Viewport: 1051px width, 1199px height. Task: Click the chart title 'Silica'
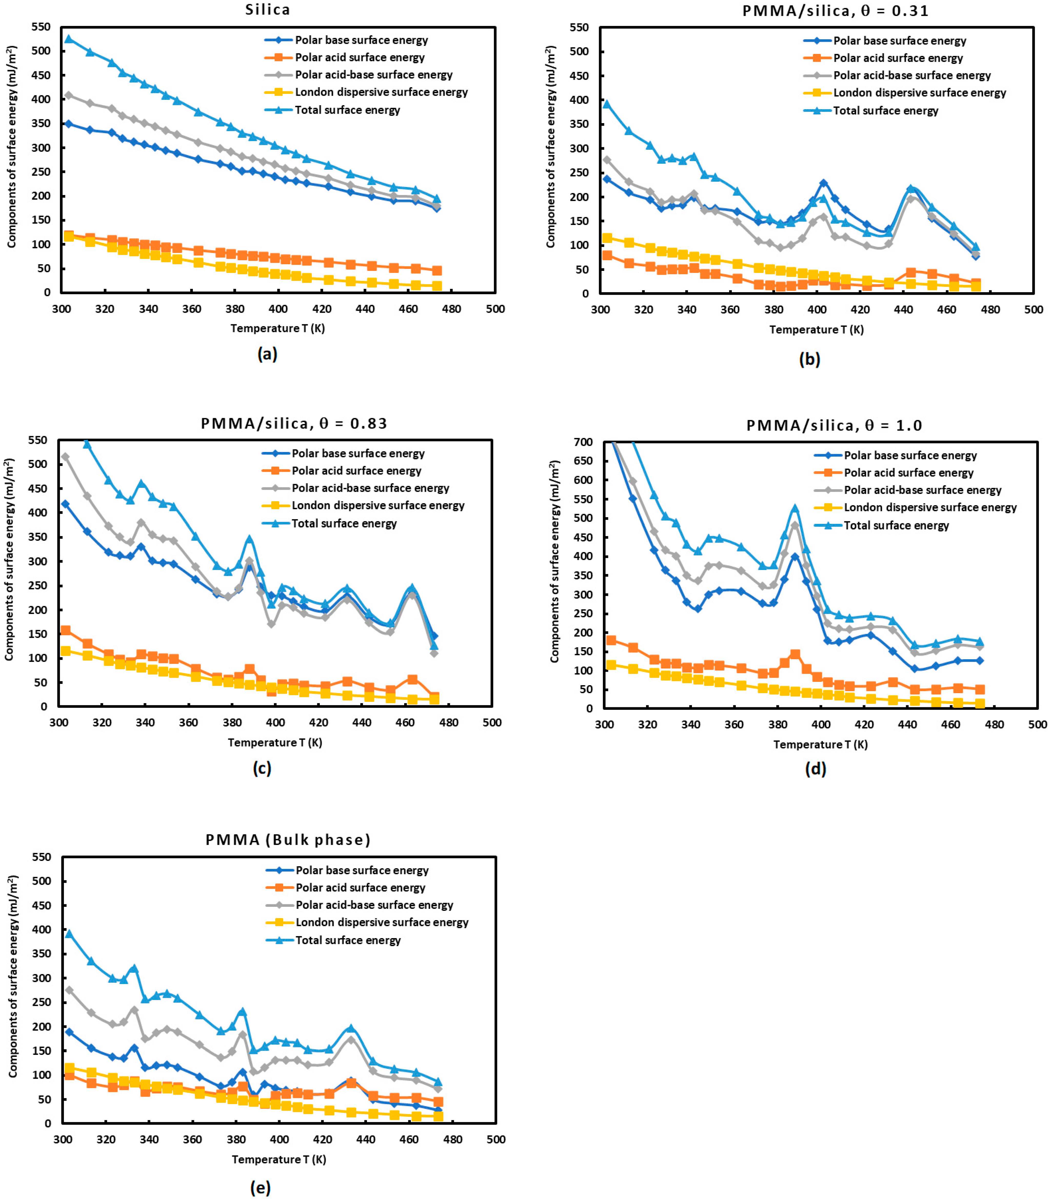pyautogui.click(x=267, y=9)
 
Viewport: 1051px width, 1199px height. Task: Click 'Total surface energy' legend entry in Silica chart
pyautogui.click(x=347, y=110)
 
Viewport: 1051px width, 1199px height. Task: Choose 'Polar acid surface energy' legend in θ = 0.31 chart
pyautogui.click(x=898, y=58)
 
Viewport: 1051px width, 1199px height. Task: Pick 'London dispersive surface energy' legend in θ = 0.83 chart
pyautogui.click(x=378, y=506)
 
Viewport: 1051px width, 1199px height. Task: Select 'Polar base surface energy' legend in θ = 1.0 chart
pyautogui.click(x=910, y=456)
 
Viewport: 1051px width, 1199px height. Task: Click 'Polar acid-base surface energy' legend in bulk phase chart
pyautogui.click(x=374, y=905)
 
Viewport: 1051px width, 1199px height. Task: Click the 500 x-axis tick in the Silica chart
pyautogui.click(x=495, y=309)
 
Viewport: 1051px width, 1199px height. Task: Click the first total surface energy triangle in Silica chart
pyautogui.click(x=69, y=39)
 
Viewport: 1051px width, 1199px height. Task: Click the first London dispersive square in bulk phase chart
pyautogui.click(x=69, y=1068)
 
